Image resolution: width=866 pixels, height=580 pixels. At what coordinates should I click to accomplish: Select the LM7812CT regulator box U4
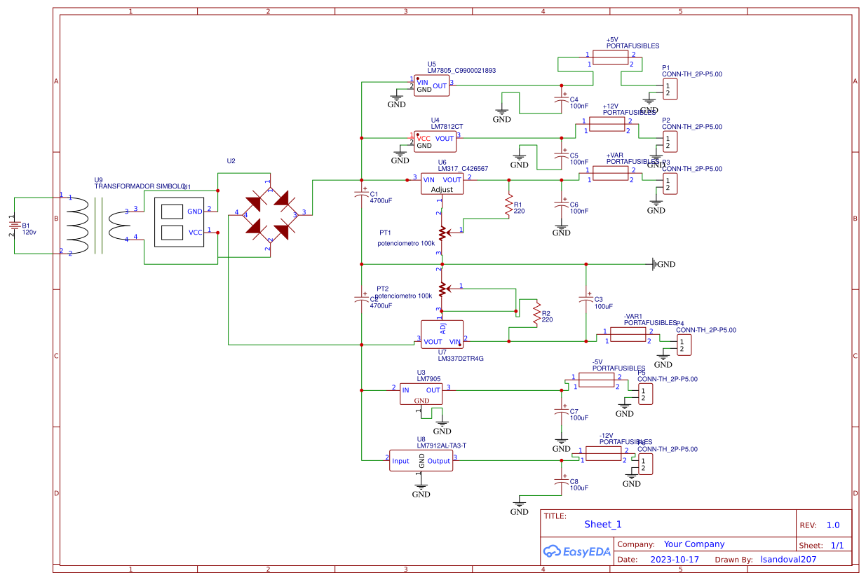(435, 141)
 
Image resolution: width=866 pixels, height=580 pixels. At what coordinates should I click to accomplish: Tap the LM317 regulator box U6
(442, 184)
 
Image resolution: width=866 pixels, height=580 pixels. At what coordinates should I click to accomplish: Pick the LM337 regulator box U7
(442, 334)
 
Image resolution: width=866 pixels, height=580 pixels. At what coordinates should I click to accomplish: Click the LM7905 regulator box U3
(421, 393)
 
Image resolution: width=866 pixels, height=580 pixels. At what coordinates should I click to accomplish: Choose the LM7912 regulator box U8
(421, 460)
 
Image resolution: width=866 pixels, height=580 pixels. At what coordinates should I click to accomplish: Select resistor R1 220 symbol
(508, 205)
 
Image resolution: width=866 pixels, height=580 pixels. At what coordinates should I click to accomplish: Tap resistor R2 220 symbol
(536, 314)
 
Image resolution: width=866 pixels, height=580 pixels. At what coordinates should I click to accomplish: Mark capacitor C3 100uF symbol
(586, 300)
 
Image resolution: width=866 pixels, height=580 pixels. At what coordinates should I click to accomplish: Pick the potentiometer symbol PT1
(442, 231)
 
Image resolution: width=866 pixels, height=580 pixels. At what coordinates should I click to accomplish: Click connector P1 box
(670, 90)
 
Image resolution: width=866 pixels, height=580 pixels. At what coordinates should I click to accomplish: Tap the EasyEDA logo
(577, 552)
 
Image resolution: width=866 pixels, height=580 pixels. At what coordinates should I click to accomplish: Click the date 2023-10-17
(675, 560)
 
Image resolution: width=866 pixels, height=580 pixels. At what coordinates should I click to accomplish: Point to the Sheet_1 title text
(602, 524)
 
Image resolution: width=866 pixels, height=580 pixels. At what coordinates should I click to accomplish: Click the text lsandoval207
(789, 560)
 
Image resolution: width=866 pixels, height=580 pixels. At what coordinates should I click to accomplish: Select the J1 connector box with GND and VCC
(180, 222)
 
